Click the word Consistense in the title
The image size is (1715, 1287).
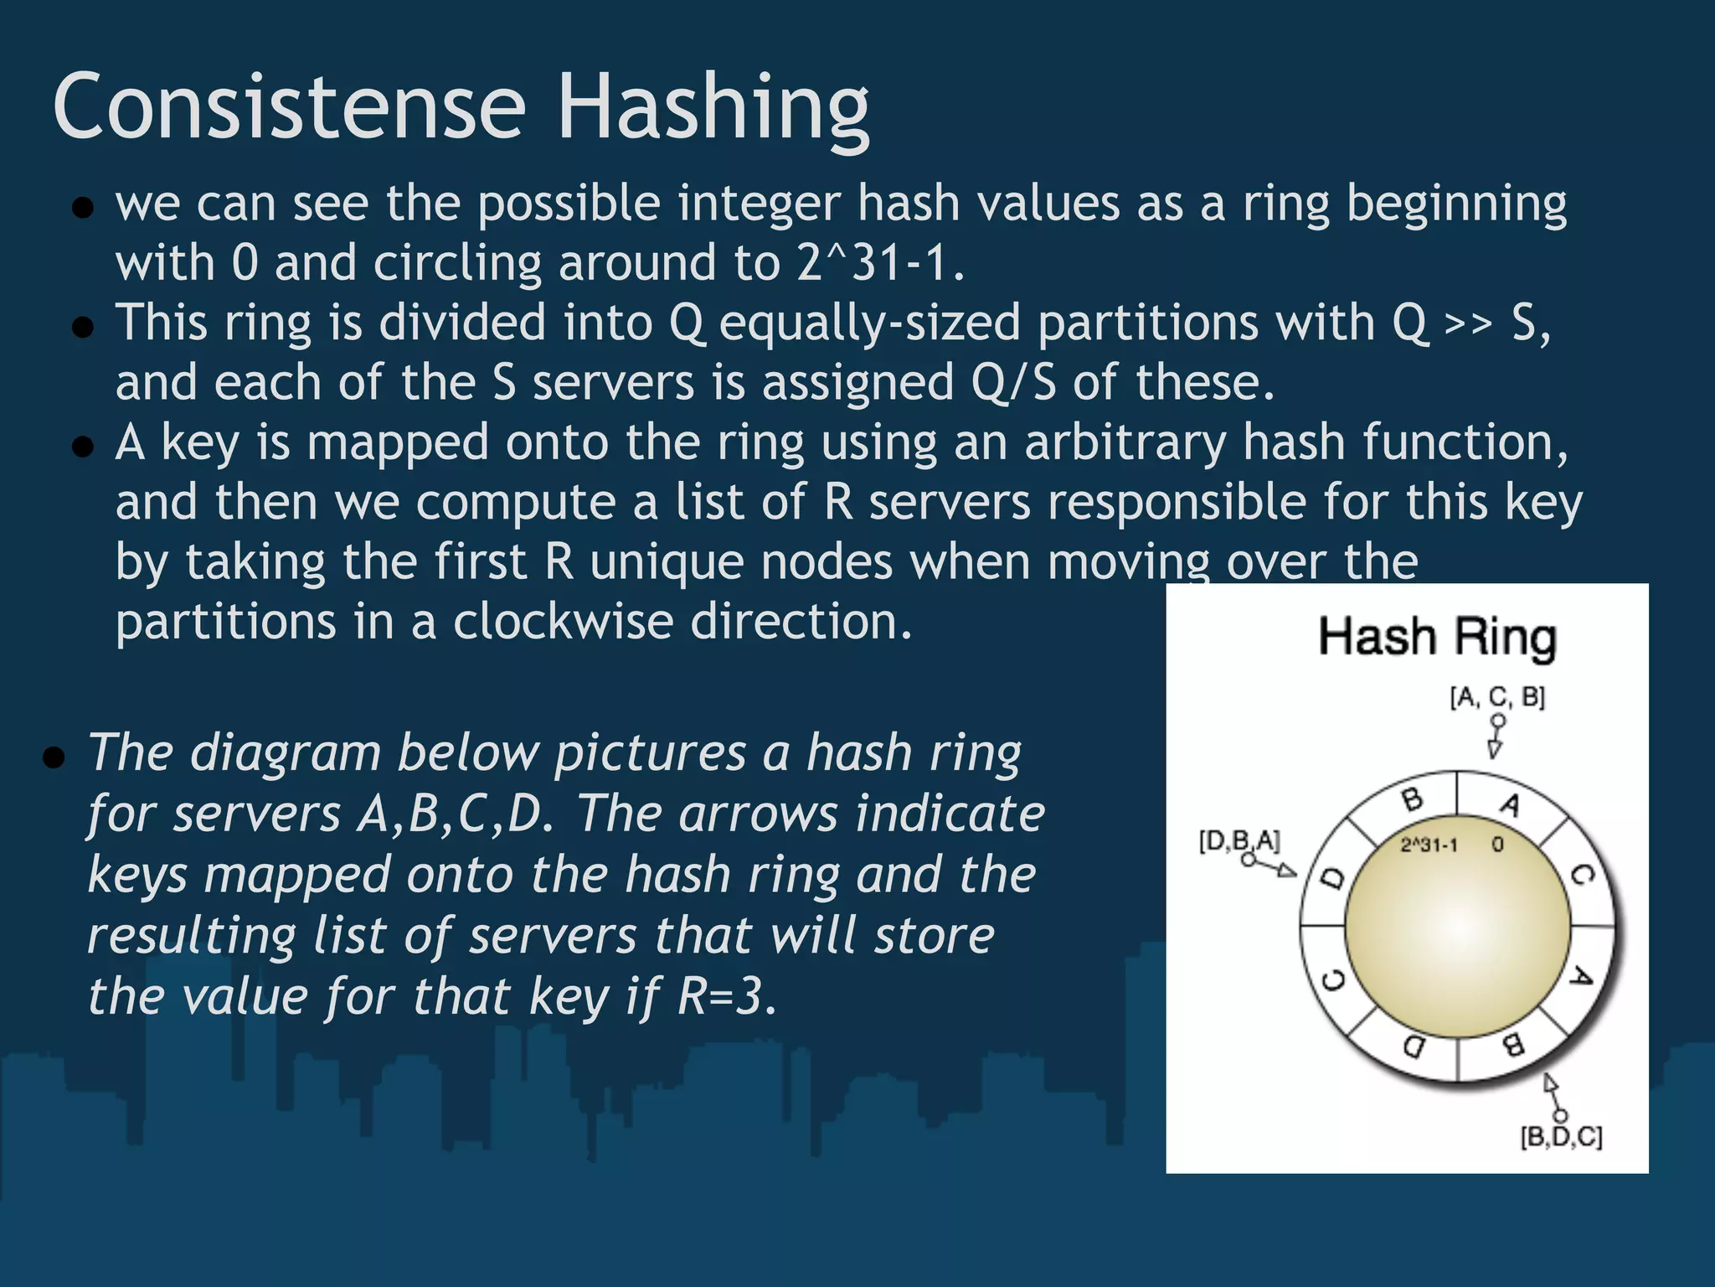(x=289, y=106)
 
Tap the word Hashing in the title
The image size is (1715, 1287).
(x=713, y=109)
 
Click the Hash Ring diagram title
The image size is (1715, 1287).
(x=1437, y=638)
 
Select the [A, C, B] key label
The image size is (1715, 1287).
(x=1497, y=696)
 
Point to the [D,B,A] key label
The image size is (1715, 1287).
(x=1239, y=840)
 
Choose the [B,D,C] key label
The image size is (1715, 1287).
(x=1561, y=1137)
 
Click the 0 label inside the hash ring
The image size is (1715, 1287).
(x=1497, y=845)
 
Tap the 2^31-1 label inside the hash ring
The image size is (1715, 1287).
(x=1429, y=845)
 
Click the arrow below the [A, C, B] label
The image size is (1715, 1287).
(x=1496, y=737)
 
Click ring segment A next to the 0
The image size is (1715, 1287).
(x=1509, y=804)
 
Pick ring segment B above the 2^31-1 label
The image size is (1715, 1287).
(x=1412, y=799)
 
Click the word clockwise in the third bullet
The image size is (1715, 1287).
(x=563, y=622)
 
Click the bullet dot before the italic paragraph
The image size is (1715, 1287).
(x=54, y=758)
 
